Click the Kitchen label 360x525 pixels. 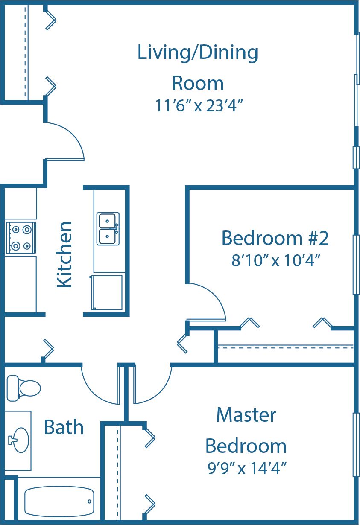[x=64, y=254]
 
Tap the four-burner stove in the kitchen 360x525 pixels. [x=20, y=238]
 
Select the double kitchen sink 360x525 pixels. [x=108, y=229]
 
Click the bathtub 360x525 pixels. [x=59, y=502]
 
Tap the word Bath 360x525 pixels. [x=64, y=427]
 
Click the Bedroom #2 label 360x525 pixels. [x=275, y=238]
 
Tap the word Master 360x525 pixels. [x=246, y=414]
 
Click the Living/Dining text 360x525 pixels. [x=198, y=52]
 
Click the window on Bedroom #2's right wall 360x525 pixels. [x=356, y=265]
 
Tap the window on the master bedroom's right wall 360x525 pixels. [x=356, y=444]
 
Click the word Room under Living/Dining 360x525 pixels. [x=198, y=83]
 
